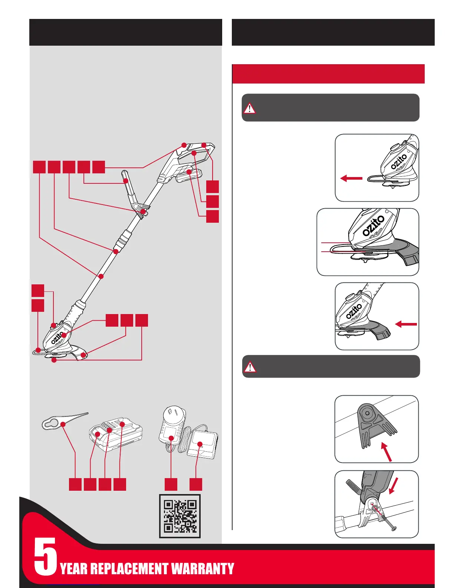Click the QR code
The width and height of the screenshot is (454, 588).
pos(180,516)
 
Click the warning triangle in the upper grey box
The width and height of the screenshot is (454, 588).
pos(250,108)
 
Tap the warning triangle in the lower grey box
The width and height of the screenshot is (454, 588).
pos(250,367)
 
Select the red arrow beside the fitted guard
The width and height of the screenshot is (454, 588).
pos(406,324)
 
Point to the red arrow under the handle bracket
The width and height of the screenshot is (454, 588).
pos(386,451)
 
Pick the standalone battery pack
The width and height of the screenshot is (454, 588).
pos(116,434)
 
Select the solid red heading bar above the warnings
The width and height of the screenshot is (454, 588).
pos(328,74)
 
